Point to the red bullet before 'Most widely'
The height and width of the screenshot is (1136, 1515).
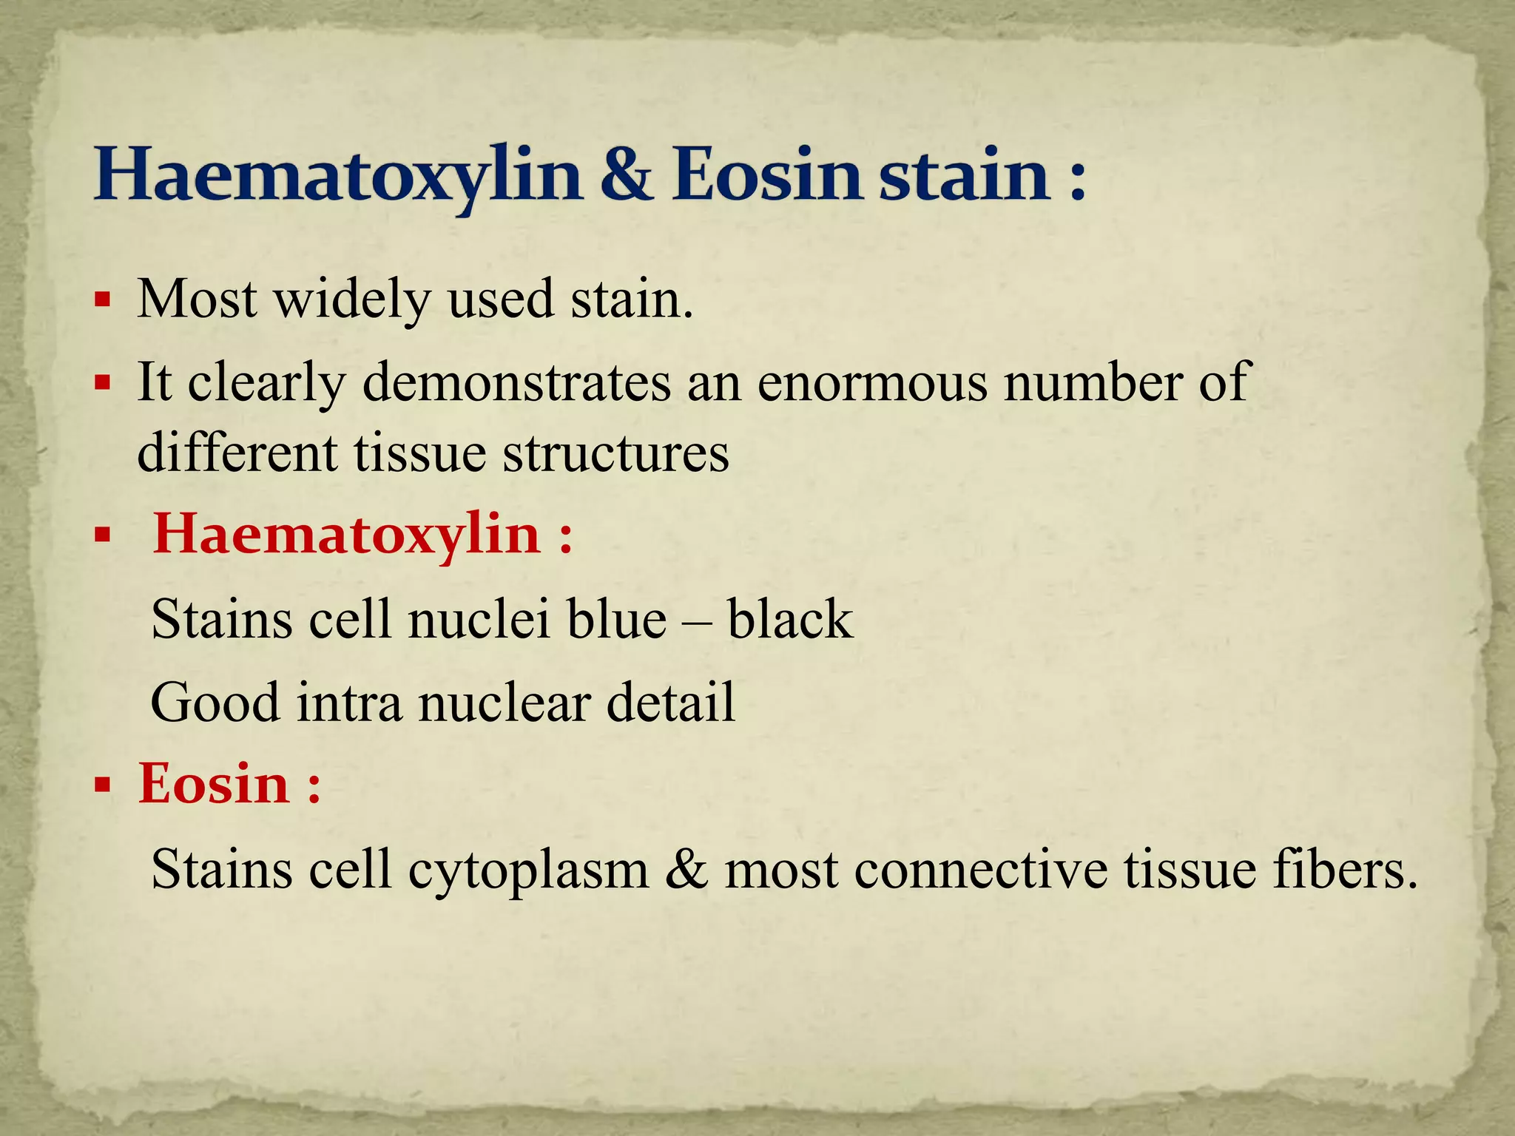[x=103, y=301]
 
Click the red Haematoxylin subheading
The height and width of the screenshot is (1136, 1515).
[x=346, y=534]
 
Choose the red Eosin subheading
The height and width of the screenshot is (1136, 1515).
[x=214, y=784]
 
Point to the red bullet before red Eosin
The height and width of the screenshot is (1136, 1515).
[x=103, y=784]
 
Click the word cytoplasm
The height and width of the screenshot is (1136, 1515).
[x=528, y=868]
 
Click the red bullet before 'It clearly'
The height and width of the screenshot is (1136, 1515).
[x=103, y=384]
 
